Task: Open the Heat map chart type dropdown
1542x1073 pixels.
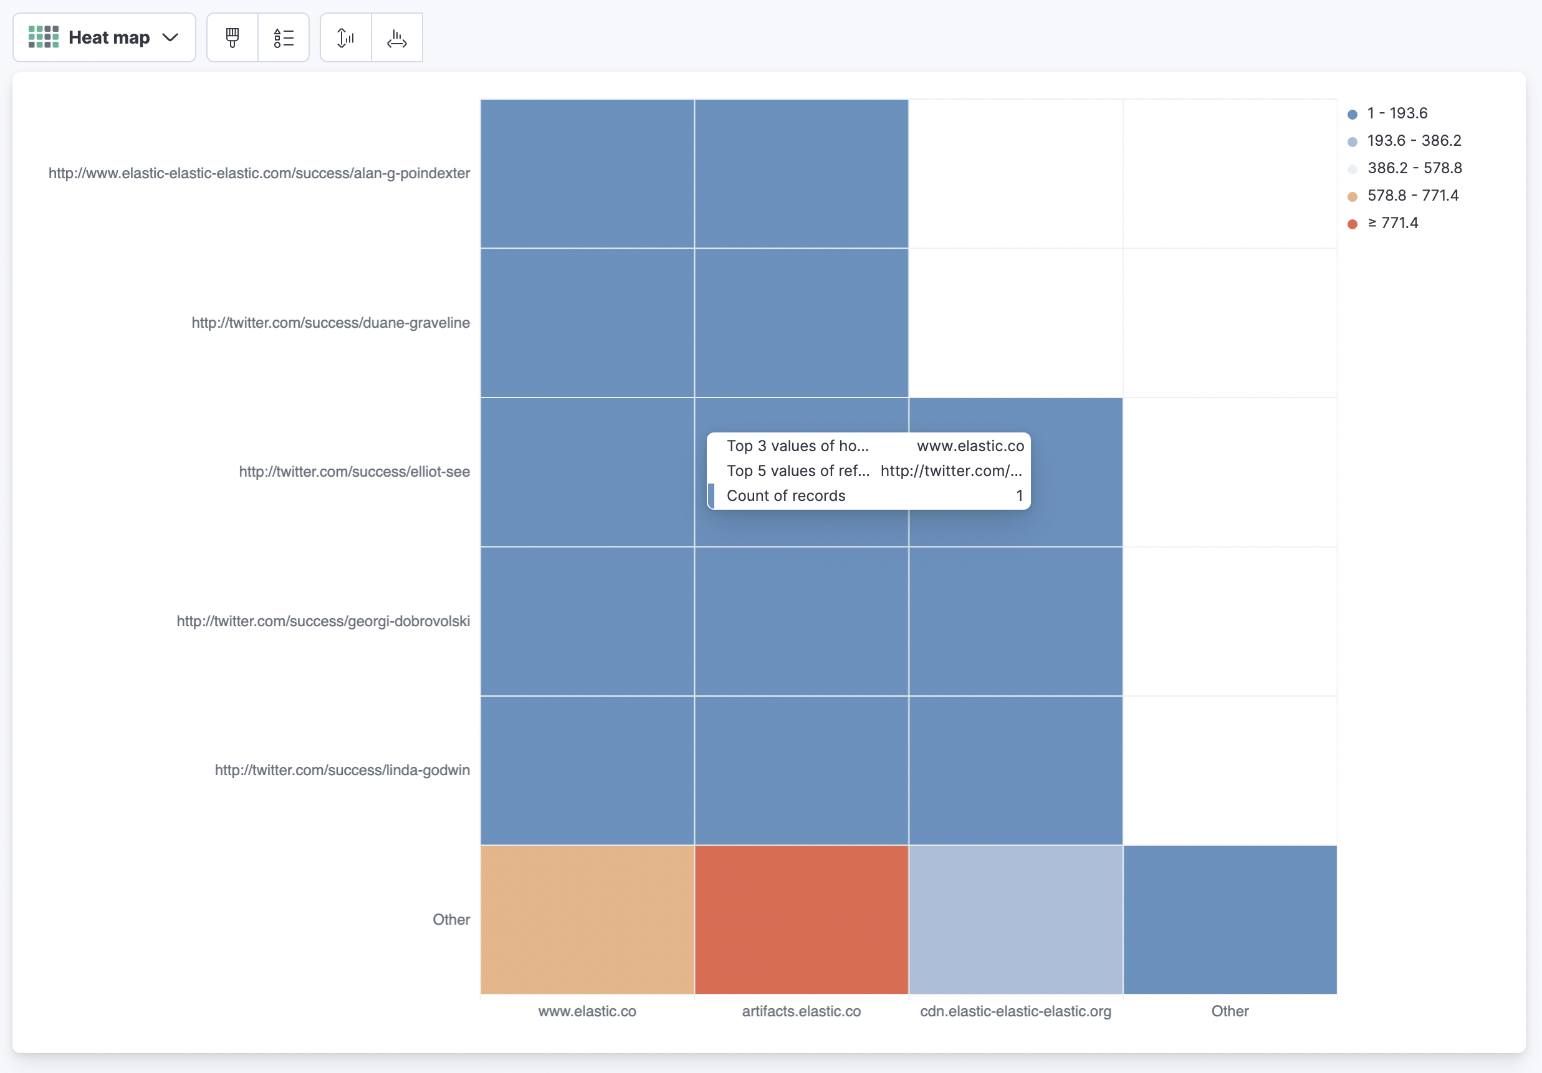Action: pyautogui.click(x=104, y=37)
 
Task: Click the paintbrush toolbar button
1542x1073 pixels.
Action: pyautogui.click(x=232, y=37)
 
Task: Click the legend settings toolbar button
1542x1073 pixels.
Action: pyautogui.click(x=284, y=37)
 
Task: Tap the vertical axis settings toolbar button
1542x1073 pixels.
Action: pyautogui.click(x=346, y=37)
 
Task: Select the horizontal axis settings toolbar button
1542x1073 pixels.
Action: pyautogui.click(x=397, y=37)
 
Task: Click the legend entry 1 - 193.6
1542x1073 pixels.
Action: pyautogui.click(x=1397, y=113)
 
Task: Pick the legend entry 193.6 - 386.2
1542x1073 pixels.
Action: pyautogui.click(x=1414, y=141)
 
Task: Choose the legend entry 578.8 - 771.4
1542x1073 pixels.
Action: pyautogui.click(x=1412, y=196)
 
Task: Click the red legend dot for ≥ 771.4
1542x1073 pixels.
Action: pyautogui.click(x=1353, y=224)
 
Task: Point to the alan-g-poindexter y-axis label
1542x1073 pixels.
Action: pyautogui.click(x=259, y=173)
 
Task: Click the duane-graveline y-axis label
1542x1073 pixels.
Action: pyautogui.click(x=330, y=323)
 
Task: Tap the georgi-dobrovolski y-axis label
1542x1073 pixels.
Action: pyautogui.click(x=323, y=621)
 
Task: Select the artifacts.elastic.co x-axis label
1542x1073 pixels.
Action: pyautogui.click(x=801, y=1011)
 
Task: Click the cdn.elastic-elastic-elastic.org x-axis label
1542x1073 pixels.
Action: pyautogui.click(x=1015, y=1011)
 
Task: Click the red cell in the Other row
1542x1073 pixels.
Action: pyautogui.click(x=801, y=919)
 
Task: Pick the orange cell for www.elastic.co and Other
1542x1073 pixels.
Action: pyautogui.click(x=587, y=919)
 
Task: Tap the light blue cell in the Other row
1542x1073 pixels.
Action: pyautogui.click(x=1015, y=919)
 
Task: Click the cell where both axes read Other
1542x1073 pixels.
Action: pyautogui.click(x=1230, y=919)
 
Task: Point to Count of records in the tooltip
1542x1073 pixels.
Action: pyautogui.click(x=786, y=495)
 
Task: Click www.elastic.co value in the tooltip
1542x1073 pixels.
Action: pyautogui.click(x=970, y=446)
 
